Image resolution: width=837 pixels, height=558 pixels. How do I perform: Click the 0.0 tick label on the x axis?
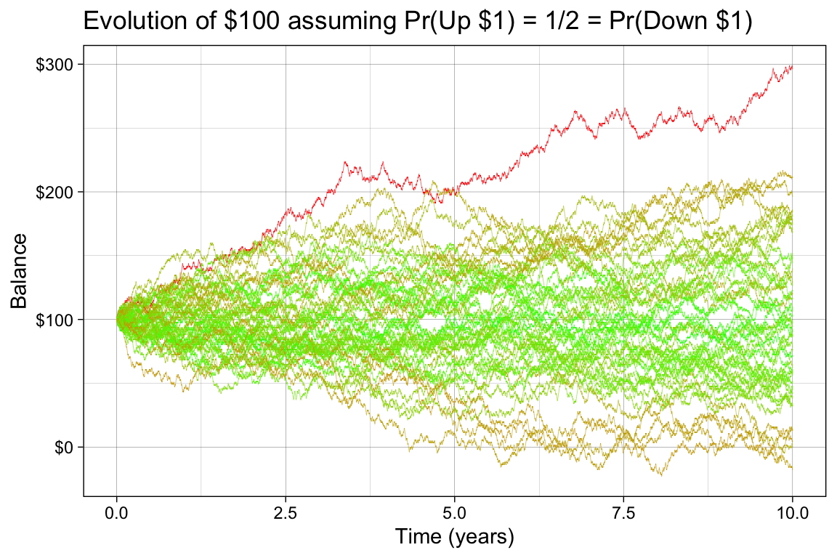click(x=116, y=512)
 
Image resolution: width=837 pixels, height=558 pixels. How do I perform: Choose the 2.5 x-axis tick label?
click(x=286, y=512)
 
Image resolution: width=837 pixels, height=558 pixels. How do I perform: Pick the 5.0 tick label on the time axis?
click(x=455, y=512)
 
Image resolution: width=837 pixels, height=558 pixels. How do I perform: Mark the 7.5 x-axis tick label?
click(x=623, y=512)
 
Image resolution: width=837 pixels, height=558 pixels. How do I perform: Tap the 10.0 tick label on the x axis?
click(x=792, y=512)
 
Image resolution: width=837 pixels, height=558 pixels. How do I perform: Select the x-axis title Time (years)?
click(x=454, y=537)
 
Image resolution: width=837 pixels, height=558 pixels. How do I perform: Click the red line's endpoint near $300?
click(x=791, y=66)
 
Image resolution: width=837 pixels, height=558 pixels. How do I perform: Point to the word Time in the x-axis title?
click(x=418, y=537)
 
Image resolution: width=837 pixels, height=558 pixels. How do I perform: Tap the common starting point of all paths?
click(x=117, y=319)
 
